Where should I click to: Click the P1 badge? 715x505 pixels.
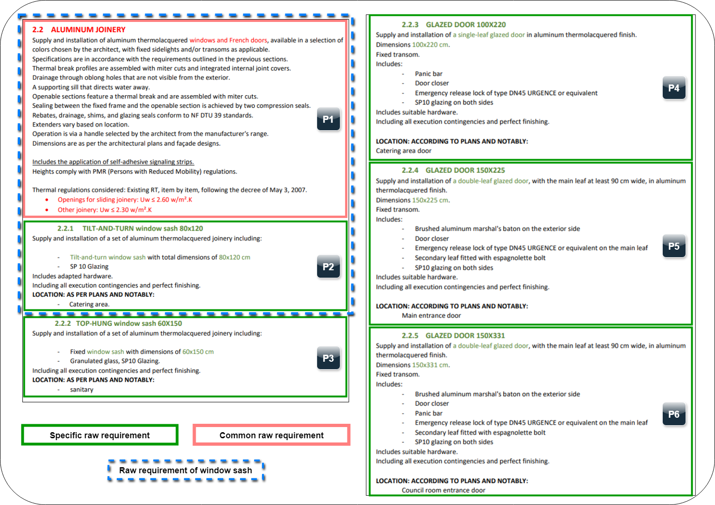coord(328,119)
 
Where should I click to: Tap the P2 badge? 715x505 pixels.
coord(328,267)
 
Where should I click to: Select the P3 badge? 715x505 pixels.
coord(328,358)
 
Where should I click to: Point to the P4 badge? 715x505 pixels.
coord(673,88)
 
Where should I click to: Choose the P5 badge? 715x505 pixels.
coord(673,246)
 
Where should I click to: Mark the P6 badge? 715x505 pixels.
coord(673,414)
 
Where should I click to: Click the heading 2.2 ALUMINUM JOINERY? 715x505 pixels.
coord(79,30)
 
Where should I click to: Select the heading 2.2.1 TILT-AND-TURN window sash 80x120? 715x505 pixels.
coord(130,229)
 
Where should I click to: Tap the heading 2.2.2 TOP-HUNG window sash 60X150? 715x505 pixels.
coord(118,323)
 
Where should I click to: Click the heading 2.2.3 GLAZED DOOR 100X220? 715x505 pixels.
coord(453,25)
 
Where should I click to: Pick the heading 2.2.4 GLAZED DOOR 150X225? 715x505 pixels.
coord(453,170)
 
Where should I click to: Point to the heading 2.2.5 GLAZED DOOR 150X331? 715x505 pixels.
coord(453,336)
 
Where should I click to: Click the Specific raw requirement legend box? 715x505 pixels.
coord(99,435)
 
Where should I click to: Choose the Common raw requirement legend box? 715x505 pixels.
coord(271,435)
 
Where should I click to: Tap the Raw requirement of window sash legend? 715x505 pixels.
coord(185,470)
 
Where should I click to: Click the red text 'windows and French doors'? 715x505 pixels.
coord(228,41)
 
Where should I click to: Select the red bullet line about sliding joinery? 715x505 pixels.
coord(125,200)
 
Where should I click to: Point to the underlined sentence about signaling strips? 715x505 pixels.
coord(113,162)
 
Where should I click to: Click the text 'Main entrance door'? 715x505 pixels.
coord(431,316)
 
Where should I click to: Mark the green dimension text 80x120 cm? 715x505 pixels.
coord(234,258)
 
